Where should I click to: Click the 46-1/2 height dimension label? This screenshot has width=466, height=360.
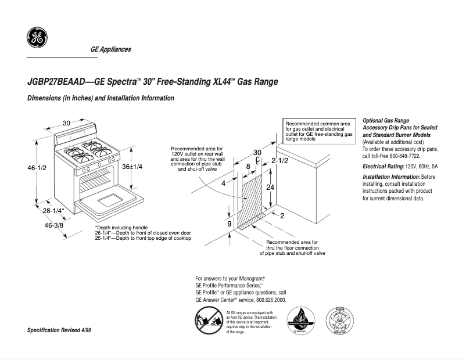click(37, 168)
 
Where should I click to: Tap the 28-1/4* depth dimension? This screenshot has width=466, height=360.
click(53, 210)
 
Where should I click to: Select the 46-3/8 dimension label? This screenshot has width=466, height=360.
click(55, 224)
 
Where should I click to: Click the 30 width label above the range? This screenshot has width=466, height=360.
click(67, 123)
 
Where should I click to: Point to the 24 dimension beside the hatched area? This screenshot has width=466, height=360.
click(270, 188)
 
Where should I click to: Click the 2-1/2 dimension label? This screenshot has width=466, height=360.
click(280, 160)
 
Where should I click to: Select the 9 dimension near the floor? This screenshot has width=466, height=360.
click(230, 224)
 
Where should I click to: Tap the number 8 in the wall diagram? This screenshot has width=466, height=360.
click(248, 167)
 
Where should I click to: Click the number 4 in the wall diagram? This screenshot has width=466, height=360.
click(223, 183)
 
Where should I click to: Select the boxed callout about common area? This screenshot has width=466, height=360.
click(319, 132)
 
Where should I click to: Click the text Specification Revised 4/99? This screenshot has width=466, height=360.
click(59, 330)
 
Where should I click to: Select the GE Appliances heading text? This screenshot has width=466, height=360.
click(110, 49)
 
